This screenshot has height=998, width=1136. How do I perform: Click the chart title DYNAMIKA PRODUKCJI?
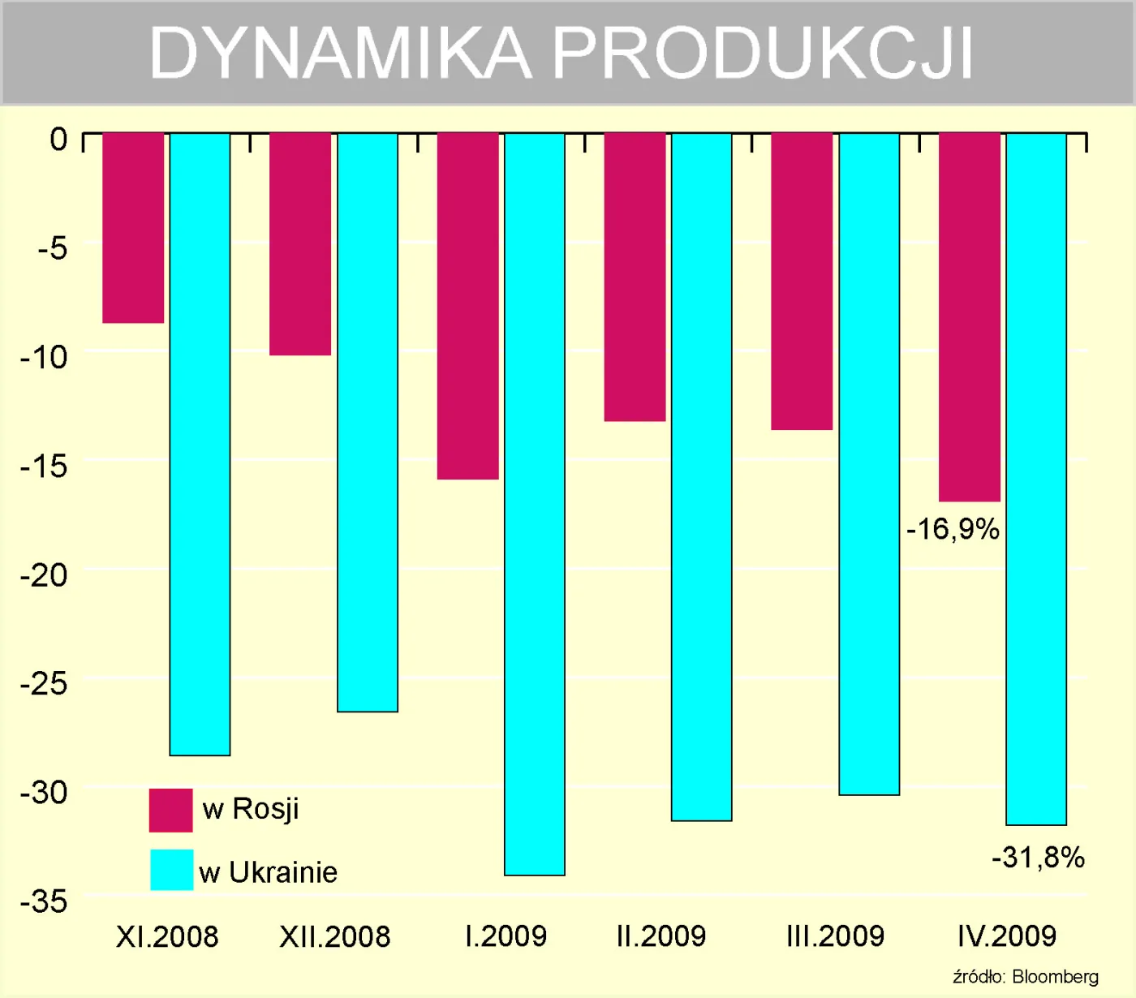click(562, 54)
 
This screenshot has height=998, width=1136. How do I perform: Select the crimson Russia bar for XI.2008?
click(133, 228)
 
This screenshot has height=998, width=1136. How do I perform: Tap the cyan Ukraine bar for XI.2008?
click(200, 444)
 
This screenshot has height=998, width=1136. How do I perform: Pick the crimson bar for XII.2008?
click(300, 243)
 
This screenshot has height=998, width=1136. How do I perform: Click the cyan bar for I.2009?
click(535, 503)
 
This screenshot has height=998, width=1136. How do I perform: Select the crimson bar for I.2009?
click(468, 306)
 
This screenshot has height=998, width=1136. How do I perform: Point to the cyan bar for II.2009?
click(702, 476)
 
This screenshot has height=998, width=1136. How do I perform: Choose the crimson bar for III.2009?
click(802, 281)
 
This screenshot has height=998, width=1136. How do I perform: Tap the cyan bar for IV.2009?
click(1036, 479)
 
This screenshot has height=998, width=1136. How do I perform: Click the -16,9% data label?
click(953, 530)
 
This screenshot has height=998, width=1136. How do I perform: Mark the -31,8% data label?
click(1038, 858)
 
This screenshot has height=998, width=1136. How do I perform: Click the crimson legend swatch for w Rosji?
click(171, 810)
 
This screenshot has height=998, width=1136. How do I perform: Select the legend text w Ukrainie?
click(268, 872)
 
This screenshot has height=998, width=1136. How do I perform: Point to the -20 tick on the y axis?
click(45, 575)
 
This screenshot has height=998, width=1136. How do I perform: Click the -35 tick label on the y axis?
click(45, 901)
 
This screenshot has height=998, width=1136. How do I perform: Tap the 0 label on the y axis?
click(58, 139)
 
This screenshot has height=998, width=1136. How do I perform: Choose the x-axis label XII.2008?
click(335, 937)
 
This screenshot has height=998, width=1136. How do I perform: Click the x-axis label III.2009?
click(835, 936)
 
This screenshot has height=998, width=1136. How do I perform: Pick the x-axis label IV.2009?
click(1007, 936)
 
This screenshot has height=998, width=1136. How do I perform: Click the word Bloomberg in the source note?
click(1055, 977)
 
